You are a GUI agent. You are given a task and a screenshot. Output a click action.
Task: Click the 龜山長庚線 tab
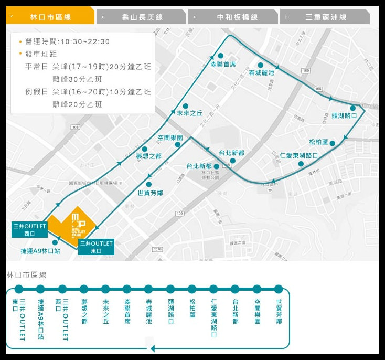coord(142,17)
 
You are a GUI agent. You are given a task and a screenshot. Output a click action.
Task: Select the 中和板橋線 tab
coord(233,17)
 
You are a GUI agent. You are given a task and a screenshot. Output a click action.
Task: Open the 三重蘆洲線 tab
coord(325,17)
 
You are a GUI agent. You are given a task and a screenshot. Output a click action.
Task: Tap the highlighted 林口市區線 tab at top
coord(51,17)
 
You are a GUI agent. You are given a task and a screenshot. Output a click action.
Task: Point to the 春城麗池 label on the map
coord(261,73)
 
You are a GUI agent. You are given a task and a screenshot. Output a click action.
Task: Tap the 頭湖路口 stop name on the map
coord(344,115)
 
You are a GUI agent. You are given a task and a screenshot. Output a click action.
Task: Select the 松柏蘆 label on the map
coord(318,142)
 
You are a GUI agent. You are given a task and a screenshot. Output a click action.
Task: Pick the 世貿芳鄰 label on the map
coord(150,193)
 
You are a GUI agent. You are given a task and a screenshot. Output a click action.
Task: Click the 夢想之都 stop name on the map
coord(148,156)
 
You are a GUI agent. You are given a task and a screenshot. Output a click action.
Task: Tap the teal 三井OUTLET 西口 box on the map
coord(30,230)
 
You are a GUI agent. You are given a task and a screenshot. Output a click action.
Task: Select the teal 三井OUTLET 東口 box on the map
coord(96,247)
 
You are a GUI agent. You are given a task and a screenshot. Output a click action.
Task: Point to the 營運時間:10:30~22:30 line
coord(67,41)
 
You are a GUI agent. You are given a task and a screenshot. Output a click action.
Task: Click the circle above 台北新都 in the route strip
coord(235,289)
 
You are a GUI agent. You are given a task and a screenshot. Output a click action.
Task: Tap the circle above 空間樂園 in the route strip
coord(257,289)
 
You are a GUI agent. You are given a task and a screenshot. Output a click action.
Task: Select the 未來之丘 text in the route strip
coord(105,312)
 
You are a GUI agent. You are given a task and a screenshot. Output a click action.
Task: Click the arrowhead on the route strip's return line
coord(153,348)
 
